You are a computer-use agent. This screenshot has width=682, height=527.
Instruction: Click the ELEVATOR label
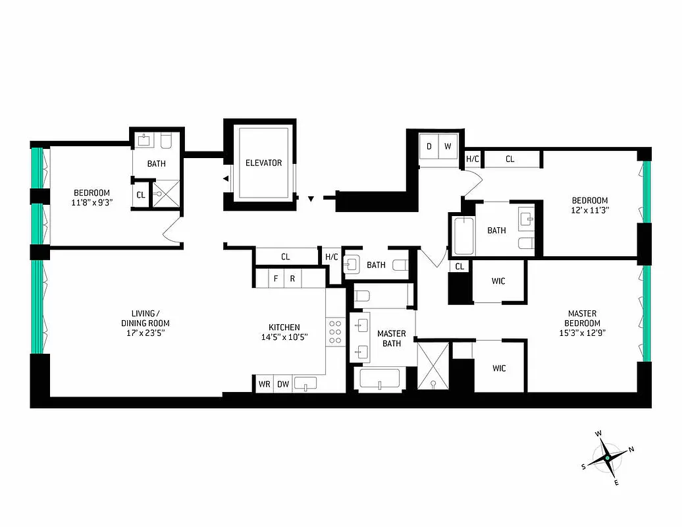[263, 163]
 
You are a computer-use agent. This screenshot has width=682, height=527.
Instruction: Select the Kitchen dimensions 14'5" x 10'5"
[284, 337]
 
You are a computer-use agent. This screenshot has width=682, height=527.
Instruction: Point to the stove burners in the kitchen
[335, 332]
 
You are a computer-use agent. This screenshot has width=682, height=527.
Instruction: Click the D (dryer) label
[429, 146]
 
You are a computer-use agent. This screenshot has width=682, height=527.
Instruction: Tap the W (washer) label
[448, 146]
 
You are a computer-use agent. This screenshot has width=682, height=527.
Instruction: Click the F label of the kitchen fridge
[276, 279]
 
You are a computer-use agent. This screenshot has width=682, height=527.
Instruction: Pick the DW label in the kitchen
[282, 384]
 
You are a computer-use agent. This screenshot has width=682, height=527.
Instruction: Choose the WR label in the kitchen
[264, 384]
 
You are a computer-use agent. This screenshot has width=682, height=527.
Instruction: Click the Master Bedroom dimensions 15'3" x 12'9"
[582, 333]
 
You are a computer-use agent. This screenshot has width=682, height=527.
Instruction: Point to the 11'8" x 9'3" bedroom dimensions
[92, 203]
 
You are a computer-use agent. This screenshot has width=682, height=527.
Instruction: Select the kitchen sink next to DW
[305, 383]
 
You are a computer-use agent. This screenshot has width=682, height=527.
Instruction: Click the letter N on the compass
[631, 449]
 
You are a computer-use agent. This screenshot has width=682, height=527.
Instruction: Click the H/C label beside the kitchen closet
[331, 257]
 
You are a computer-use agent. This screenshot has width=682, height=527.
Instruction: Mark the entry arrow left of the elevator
[226, 179]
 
